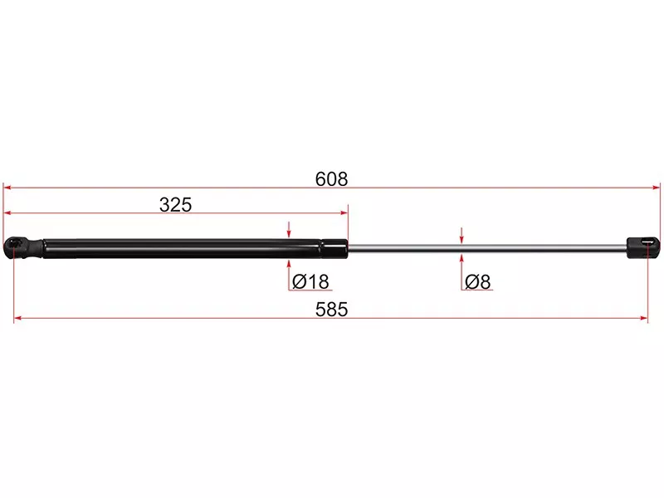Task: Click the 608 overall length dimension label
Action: tap(331, 179)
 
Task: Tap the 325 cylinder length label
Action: tap(175, 204)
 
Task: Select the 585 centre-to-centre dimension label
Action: tap(331, 310)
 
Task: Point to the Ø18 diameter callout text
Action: tap(310, 281)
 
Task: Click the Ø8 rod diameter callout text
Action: tap(478, 281)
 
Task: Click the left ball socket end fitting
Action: tap(23, 248)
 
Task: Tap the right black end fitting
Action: tap(643, 247)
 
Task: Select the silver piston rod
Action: tap(487, 248)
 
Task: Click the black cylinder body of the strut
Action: tap(182, 248)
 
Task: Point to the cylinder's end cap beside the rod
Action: tap(334, 248)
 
